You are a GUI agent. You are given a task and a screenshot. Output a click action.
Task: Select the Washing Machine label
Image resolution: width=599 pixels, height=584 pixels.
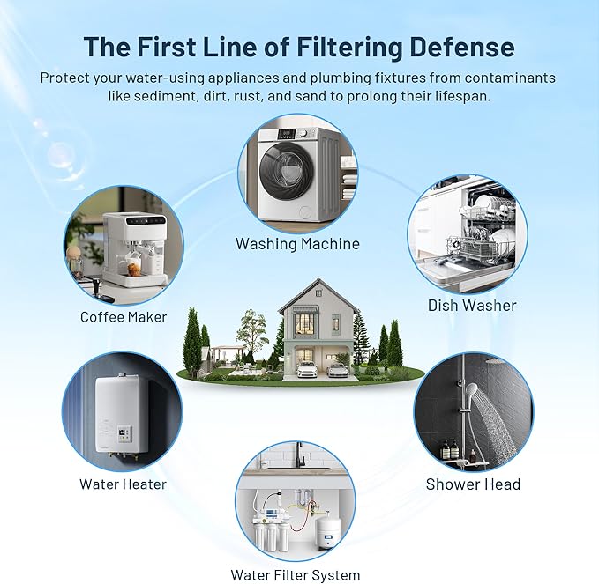tap(297, 244)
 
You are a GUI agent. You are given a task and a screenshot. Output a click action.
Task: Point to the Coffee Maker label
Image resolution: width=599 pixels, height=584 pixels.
tap(124, 317)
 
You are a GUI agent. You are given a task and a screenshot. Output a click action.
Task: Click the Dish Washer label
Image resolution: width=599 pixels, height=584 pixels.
tap(472, 306)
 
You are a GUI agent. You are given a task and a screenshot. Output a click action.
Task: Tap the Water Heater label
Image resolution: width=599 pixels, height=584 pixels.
tap(123, 484)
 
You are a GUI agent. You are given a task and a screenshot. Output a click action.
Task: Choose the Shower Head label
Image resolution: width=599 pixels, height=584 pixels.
tap(473, 484)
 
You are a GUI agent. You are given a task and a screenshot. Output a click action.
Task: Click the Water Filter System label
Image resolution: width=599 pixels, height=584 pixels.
tap(295, 575)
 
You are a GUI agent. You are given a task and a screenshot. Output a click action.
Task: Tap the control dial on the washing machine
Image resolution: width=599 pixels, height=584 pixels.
tap(303, 134)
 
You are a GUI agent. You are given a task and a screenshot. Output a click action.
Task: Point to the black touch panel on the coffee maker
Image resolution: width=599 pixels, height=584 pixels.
tap(146, 220)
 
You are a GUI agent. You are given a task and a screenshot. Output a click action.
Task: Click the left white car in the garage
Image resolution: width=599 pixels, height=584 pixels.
tap(307, 369)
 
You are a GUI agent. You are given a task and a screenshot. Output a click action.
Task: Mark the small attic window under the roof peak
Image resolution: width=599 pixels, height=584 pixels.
tap(319, 293)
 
